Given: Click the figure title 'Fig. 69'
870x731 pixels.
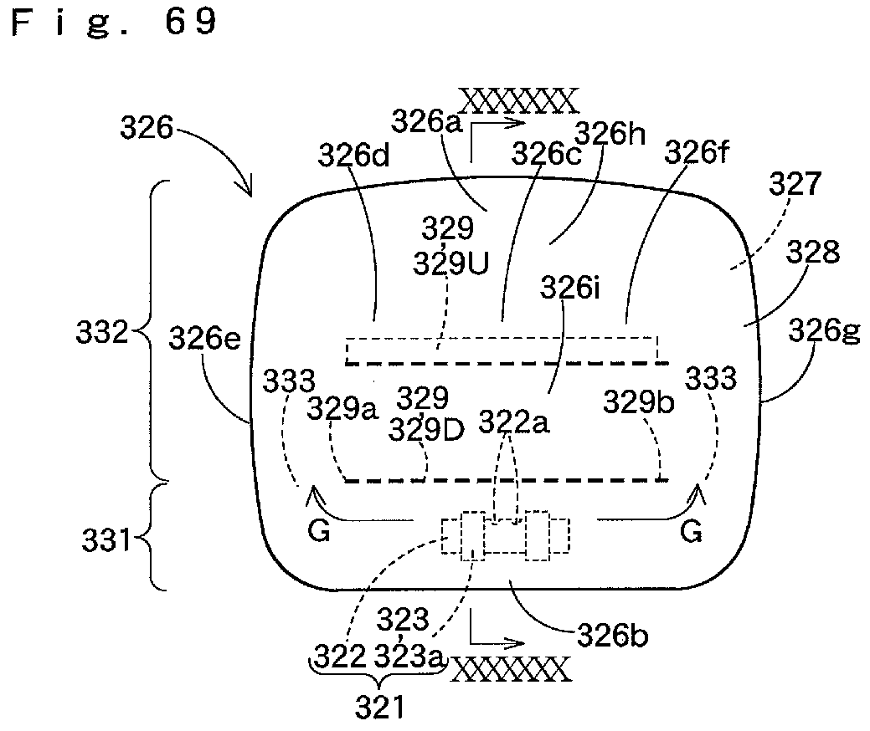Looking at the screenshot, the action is (114, 23).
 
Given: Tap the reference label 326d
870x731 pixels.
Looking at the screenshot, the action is (353, 156).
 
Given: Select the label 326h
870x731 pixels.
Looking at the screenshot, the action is (610, 134).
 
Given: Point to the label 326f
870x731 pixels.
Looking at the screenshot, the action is (697, 151).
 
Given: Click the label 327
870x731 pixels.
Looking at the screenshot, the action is (794, 183).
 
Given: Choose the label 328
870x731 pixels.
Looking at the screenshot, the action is (813, 252).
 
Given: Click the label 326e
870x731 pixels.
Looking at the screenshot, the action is (205, 338).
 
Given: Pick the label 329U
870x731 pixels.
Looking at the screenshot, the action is (451, 263).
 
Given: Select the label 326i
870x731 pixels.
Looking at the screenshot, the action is (570, 289).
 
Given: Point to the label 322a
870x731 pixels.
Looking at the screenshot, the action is (514, 423).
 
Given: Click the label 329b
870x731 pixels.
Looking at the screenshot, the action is (639, 401).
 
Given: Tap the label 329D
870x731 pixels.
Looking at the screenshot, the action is (426, 429).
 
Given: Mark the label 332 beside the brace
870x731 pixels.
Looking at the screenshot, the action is (102, 333).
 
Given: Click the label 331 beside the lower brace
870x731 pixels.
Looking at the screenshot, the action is (106, 539).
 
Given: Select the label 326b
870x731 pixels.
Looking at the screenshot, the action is (613, 635).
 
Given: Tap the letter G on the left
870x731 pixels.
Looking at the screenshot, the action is (319, 532).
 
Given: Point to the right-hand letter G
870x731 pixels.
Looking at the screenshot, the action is (691, 532).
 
